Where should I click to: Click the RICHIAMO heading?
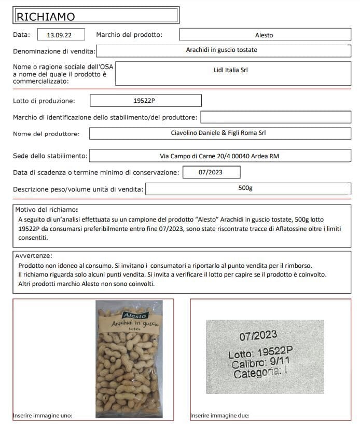tap(46, 17)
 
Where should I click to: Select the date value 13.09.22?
tap(59, 35)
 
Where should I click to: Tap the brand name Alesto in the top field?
tap(264, 35)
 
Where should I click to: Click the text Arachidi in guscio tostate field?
tap(221, 50)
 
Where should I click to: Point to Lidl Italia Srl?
tap(231, 70)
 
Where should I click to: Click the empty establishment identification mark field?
tap(275, 117)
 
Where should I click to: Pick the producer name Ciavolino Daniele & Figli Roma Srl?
tap(218, 133)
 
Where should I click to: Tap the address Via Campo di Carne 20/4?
tap(220, 156)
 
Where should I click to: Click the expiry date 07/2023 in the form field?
tap(211, 172)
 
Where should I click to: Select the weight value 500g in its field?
tap(245, 188)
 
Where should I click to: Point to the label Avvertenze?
tap(34, 256)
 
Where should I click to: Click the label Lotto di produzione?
tap(44, 101)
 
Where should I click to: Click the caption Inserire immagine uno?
tap(43, 415)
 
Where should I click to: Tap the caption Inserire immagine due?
tap(220, 415)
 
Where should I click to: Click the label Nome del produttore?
tap(46, 134)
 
